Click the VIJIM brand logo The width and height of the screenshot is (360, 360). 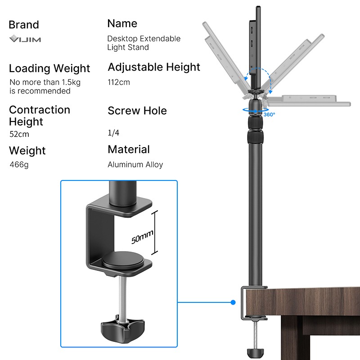[x=25, y=39]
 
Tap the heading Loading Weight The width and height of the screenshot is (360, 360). [x=49, y=68]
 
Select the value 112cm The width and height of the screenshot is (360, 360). [x=119, y=82]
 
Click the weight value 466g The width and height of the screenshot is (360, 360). [x=19, y=165]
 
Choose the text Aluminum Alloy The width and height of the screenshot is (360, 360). [x=135, y=165]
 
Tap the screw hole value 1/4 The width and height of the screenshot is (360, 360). [x=113, y=133]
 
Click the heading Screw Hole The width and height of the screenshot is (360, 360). [x=137, y=111]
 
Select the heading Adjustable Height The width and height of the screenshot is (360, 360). [x=154, y=67]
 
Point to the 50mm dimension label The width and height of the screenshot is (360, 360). [x=143, y=233]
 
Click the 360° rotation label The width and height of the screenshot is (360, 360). [x=269, y=114]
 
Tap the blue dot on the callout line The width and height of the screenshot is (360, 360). [x=233, y=302]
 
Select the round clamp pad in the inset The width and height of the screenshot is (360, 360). [x=123, y=260]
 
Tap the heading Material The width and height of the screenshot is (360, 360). [x=129, y=149]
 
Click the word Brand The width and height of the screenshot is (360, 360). [x=24, y=25]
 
